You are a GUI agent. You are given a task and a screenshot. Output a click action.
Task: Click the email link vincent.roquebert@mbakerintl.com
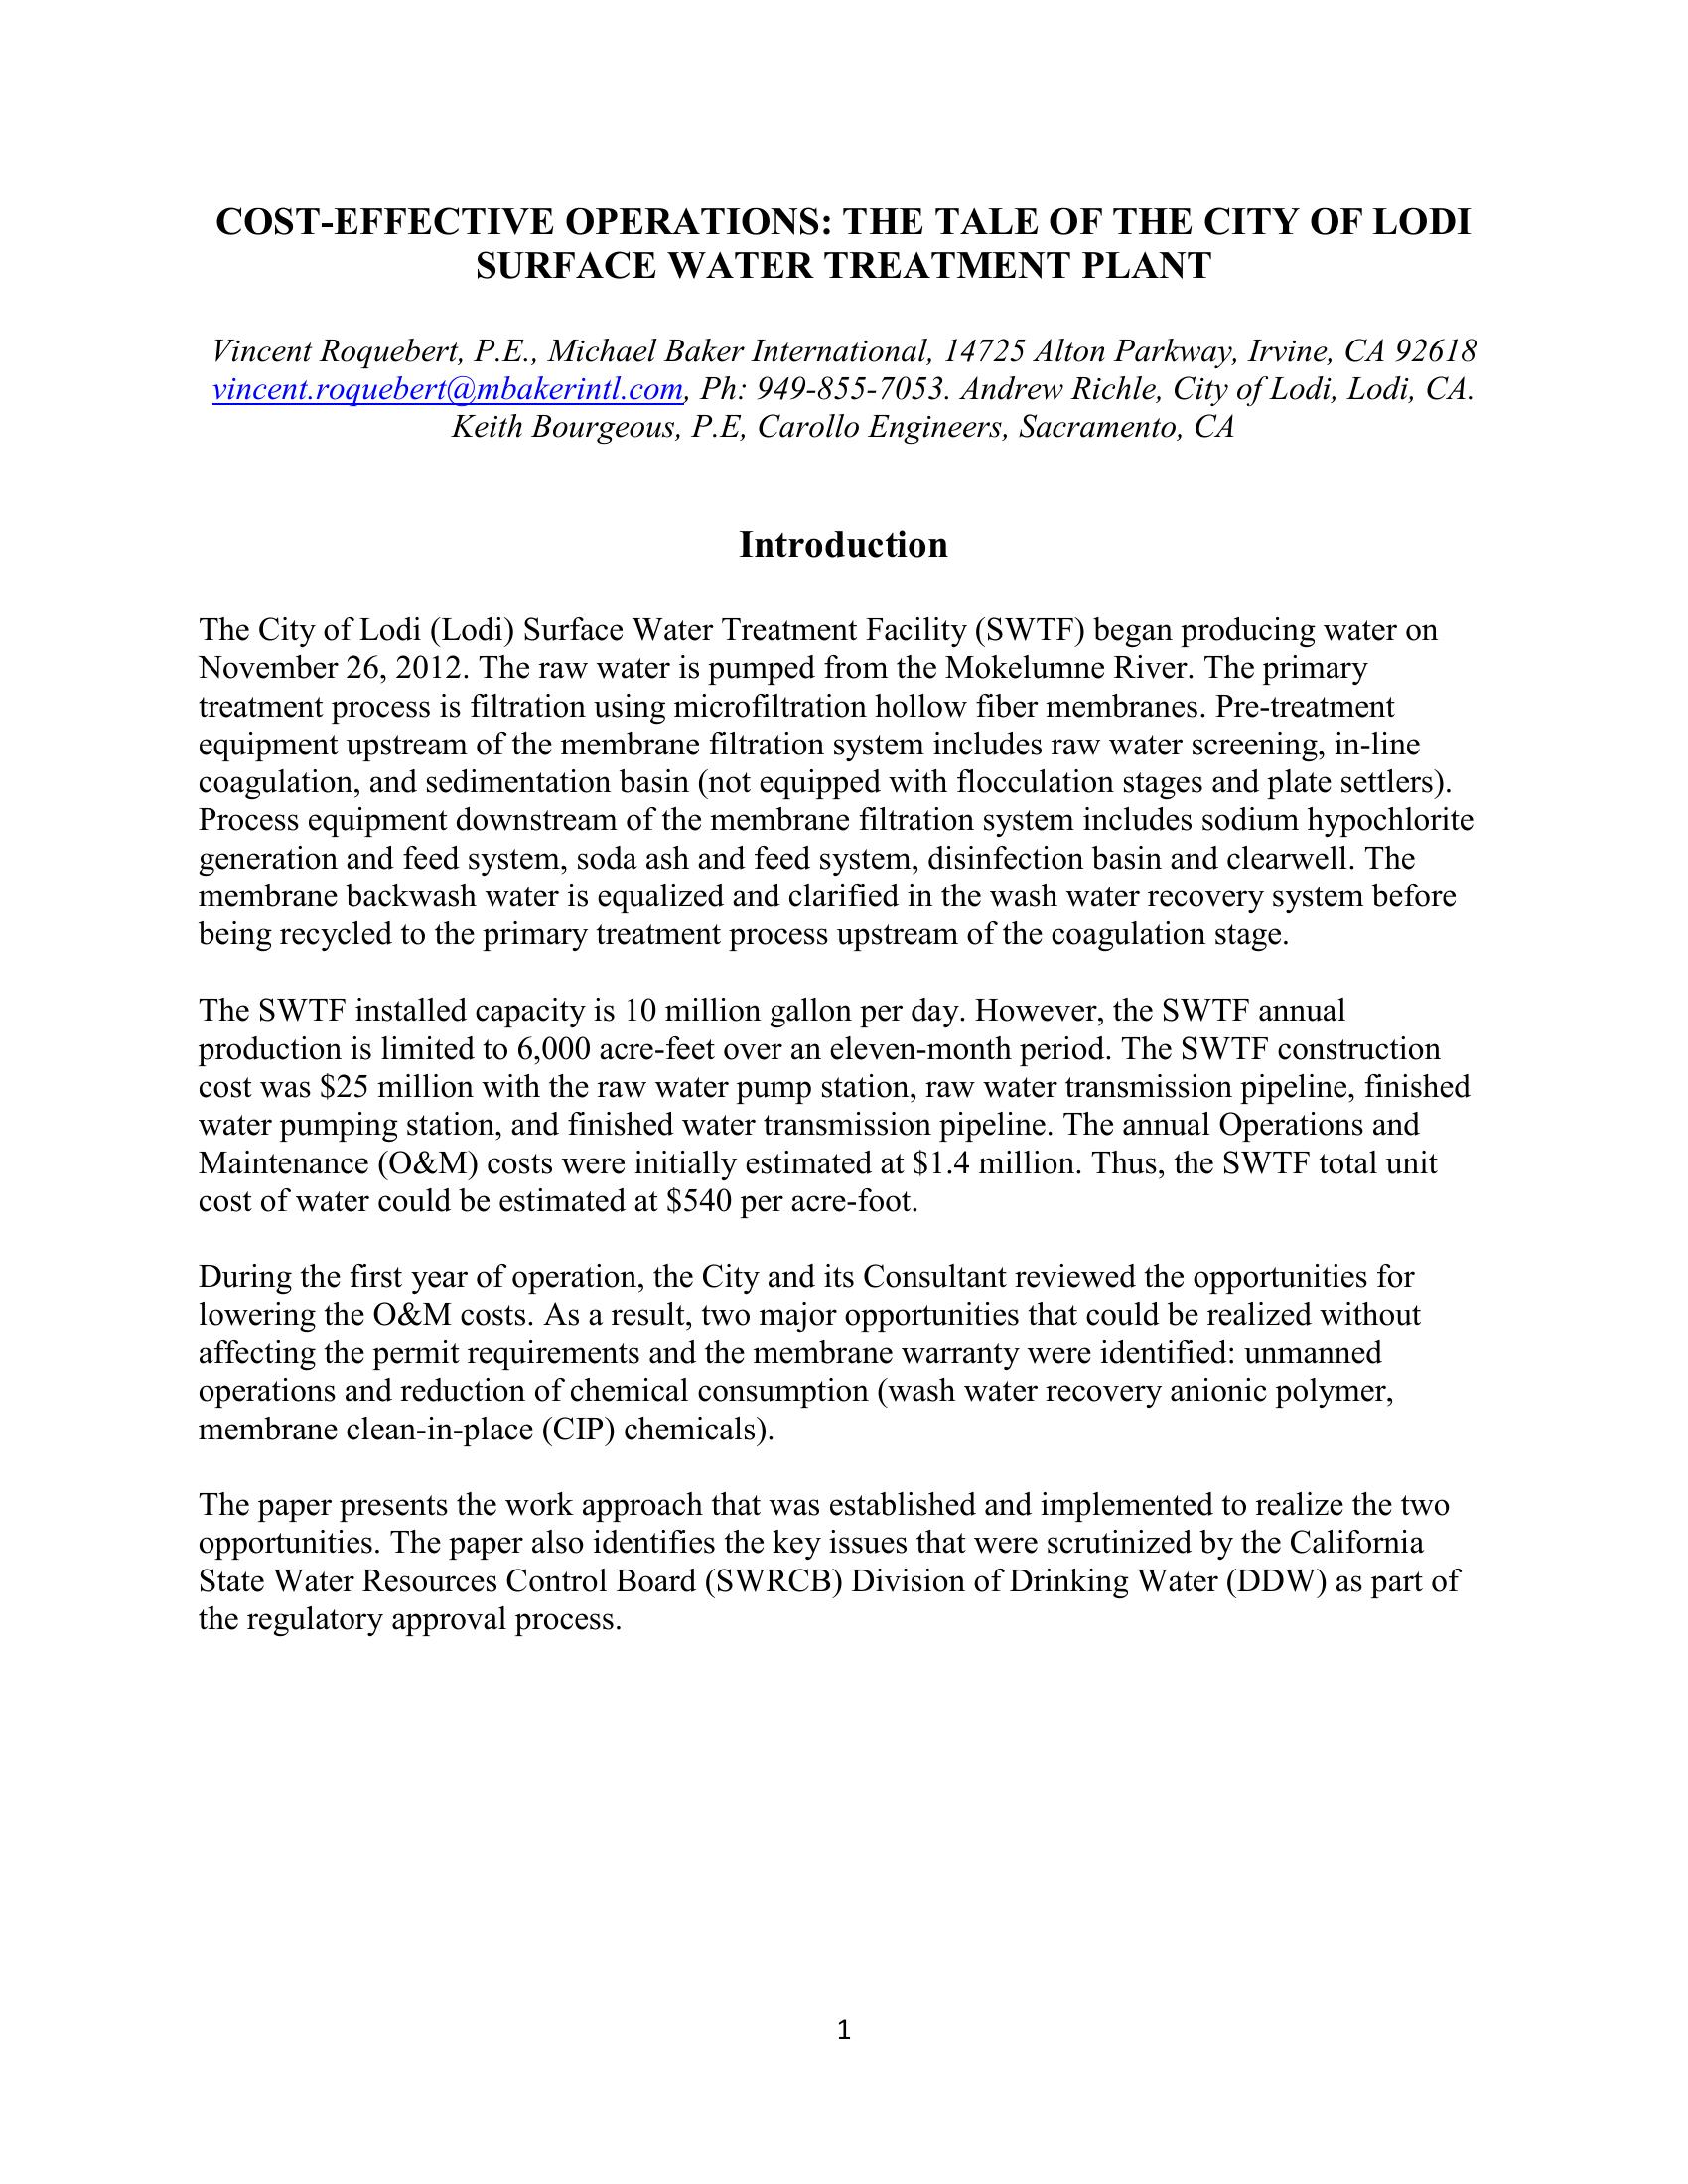(x=447, y=389)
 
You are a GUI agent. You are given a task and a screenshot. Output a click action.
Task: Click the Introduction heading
(x=843, y=545)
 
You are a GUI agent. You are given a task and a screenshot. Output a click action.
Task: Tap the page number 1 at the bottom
(x=843, y=2030)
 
